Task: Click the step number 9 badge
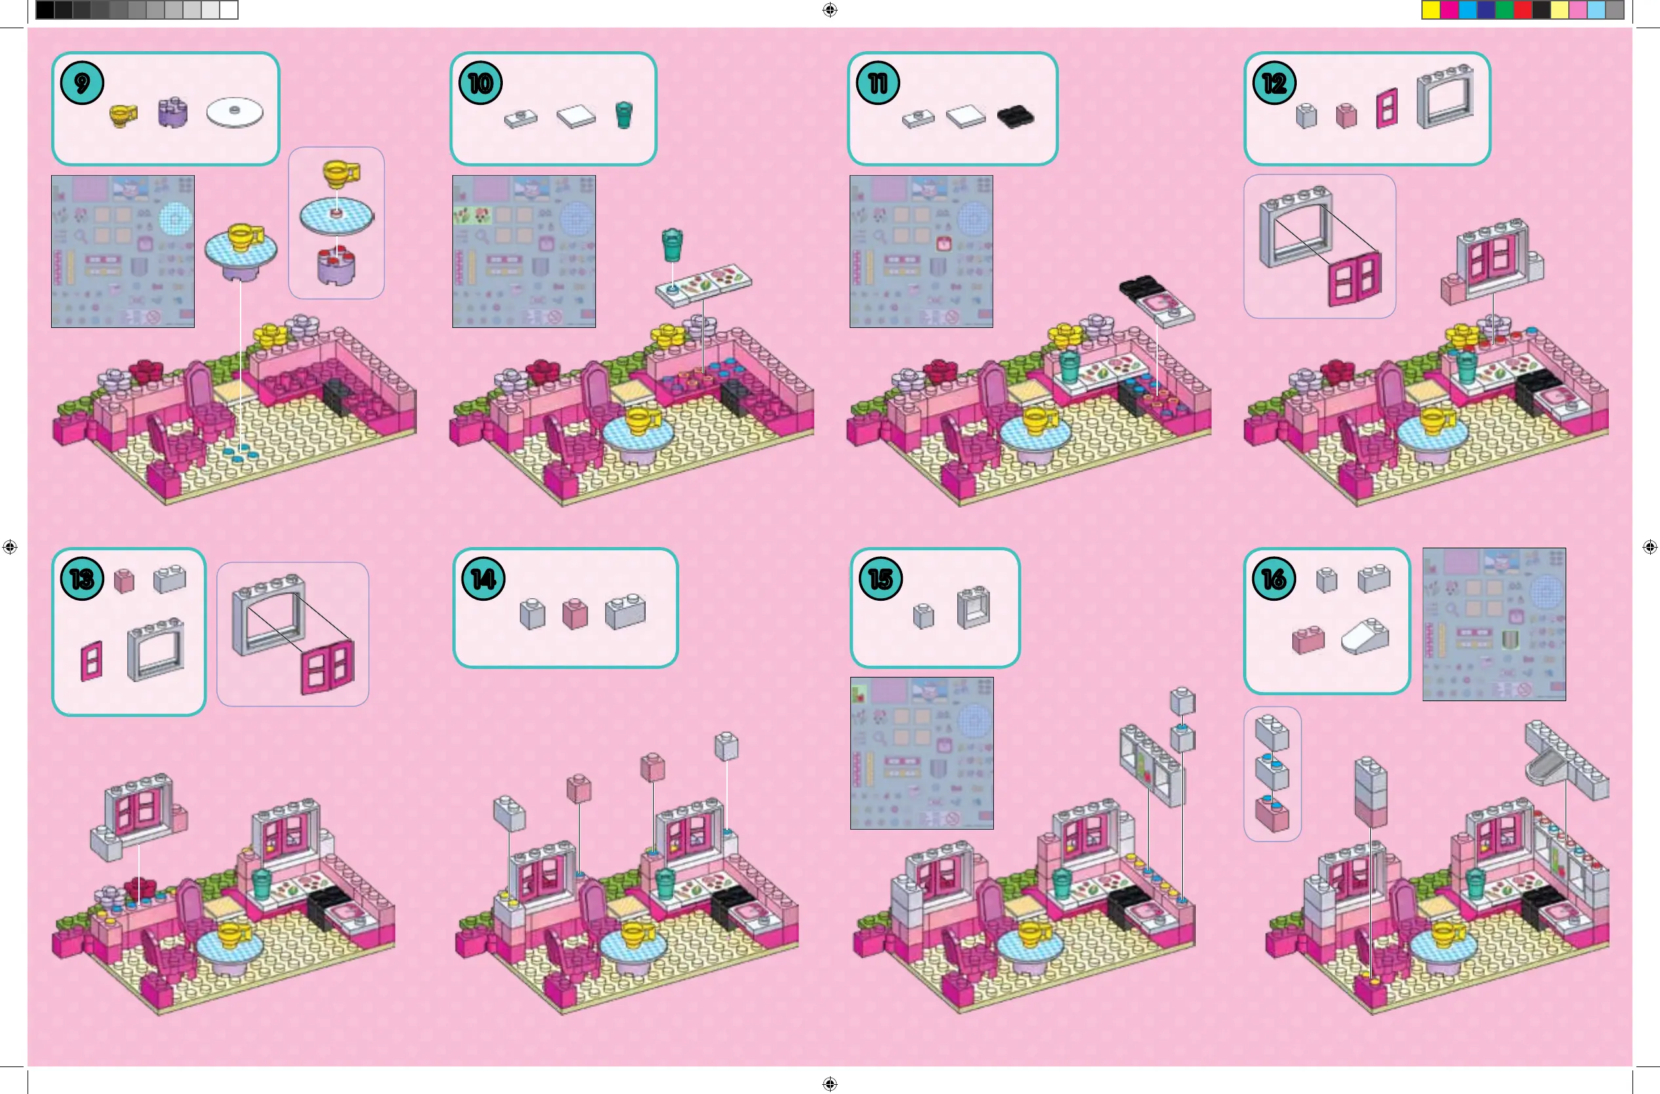click(83, 84)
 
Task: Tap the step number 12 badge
click(1275, 84)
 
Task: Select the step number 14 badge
click(483, 579)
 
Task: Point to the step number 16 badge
click(1275, 579)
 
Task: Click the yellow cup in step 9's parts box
click(123, 114)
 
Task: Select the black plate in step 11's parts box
click(1016, 117)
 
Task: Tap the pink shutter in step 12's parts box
click(1387, 108)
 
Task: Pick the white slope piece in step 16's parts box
click(1366, 636)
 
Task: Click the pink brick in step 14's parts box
click(575, 614)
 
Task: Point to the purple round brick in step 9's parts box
click(172, 113)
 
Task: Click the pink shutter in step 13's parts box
click(92, 660)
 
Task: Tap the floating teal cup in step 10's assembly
click(673, 244)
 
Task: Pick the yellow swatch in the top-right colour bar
click(1431, 10)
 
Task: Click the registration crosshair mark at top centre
click(829, 10)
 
